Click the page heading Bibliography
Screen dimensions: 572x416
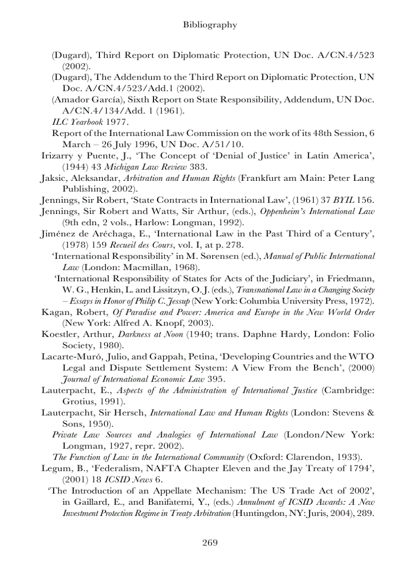pos(210,25)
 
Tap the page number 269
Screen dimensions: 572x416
pos(210,542)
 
